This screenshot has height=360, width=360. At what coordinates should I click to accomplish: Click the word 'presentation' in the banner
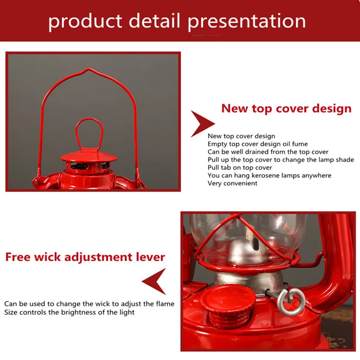[247, 21]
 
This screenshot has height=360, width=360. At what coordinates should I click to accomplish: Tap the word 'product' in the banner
[85, 21]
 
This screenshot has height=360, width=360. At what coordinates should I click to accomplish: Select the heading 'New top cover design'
[286, 108]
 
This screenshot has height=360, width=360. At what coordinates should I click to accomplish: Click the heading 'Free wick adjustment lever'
[85, 257]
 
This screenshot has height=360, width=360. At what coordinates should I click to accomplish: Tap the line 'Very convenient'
[232, 183]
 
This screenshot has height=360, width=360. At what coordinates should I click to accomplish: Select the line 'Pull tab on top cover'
[240, 167]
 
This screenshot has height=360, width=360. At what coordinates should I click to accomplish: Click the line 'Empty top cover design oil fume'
[257, 144]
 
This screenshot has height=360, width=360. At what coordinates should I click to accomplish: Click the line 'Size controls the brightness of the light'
[69, 312]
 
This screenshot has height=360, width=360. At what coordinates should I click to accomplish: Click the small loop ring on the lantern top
[89, 133]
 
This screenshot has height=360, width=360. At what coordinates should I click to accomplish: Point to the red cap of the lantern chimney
[89, 157]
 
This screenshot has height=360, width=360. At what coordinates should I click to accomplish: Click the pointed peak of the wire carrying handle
[88, 69]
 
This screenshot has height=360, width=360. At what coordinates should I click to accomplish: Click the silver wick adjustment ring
[291, 301]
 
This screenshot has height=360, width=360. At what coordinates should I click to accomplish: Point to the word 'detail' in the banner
[154, 21]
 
